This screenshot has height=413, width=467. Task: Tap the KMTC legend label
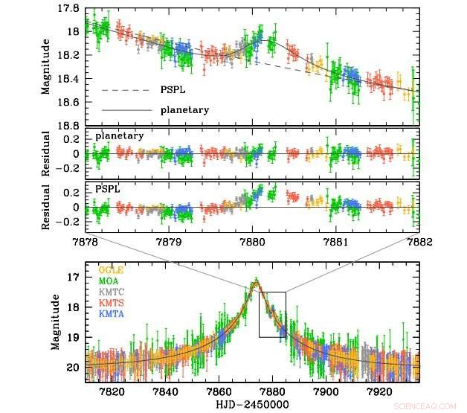coord(110,292)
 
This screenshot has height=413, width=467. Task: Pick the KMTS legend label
coord(110,303)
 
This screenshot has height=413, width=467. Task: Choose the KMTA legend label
coord(110,314)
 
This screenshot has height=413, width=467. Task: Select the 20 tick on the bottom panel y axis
coord(72,367)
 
